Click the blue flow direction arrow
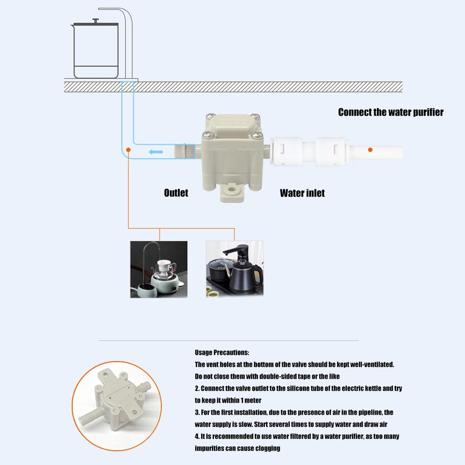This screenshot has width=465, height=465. coord(155,152)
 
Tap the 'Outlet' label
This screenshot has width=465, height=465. coord(176,193)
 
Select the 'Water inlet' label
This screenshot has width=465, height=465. coord(302,193)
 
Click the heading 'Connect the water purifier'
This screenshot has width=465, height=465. coord(391,112)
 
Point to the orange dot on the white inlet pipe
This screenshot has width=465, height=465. coord(370,149)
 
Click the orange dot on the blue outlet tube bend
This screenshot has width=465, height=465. coord(129,149)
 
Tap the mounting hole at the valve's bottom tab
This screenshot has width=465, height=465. coord(232,188)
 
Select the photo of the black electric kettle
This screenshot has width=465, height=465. coord(235,269)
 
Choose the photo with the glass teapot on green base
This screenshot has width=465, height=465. coord(158,269)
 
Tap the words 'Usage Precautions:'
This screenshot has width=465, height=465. coord(222,352)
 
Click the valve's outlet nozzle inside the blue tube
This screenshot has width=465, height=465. coord(184,150)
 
